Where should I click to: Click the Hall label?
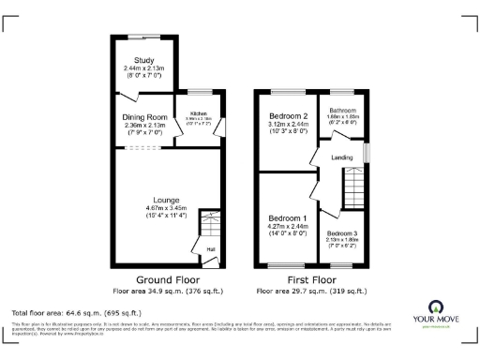pos(211,248)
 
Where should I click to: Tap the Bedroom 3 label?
pos(341,232)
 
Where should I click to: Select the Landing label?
pos(341,157)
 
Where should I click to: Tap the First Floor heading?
pos(311,280)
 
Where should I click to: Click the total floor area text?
pos(75,312)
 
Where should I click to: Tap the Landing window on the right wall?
pos(367,151)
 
